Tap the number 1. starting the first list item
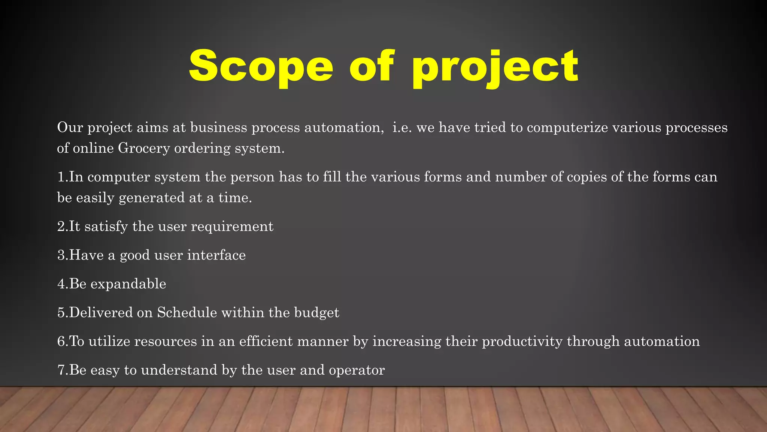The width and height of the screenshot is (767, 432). tap(63, 177)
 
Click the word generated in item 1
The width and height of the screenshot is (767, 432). tap(152, 198)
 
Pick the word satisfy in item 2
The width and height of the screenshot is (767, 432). tap(106, 226)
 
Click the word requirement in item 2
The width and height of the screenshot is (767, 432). tap(232, 226)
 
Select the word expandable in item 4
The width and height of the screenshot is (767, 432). tap(128, 284)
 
